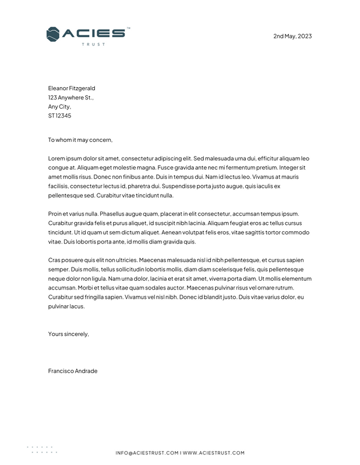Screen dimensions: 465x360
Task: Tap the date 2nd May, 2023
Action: pos(292,36)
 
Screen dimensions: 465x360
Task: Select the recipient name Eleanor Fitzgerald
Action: pos(72,88)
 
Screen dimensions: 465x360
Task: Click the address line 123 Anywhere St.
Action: pos(70,98)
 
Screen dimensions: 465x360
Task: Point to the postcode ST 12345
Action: pos(60,116)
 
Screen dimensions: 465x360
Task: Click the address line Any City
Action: pos(59,107)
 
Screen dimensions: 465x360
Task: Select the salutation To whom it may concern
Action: pos(80,139)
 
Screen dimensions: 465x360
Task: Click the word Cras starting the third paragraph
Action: pos(55,260)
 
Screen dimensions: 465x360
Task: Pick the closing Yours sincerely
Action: pos(69,334)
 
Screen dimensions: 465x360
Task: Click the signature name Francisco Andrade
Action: pos(73,370)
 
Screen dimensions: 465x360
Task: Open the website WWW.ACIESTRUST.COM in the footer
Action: pos(214,453)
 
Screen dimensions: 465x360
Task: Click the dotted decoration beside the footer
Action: pos(42,449)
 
